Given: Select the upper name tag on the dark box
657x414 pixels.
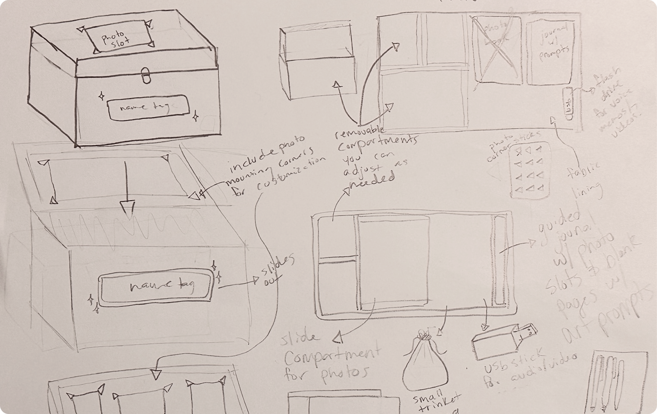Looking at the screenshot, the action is click(148, 107).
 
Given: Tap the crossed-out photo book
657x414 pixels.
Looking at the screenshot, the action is click(497, 50).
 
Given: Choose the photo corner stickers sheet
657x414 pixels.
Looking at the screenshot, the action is click(529, 170).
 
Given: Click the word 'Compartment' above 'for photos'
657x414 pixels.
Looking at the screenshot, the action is click(331, 356).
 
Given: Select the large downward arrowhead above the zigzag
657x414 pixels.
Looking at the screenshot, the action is click(127, 210).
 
